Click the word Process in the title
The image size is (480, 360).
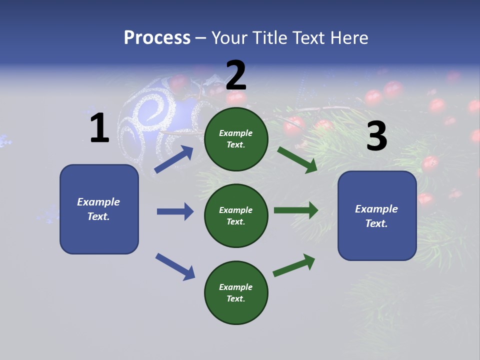click(157, 38)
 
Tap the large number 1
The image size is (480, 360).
click(99, 128)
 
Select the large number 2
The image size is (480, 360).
click(236, 75)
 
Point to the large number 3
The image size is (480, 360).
click(376, 136)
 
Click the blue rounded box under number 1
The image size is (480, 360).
click(99, 209)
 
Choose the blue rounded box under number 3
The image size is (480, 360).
click(377, 216)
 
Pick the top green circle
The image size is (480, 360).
click(236, 138)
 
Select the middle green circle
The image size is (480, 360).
click(236, 215)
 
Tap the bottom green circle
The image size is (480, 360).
click(236, 292)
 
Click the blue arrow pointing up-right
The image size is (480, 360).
click(174, 159)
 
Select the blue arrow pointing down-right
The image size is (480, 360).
click(175, 266)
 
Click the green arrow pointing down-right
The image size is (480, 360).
click(297, 159)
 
